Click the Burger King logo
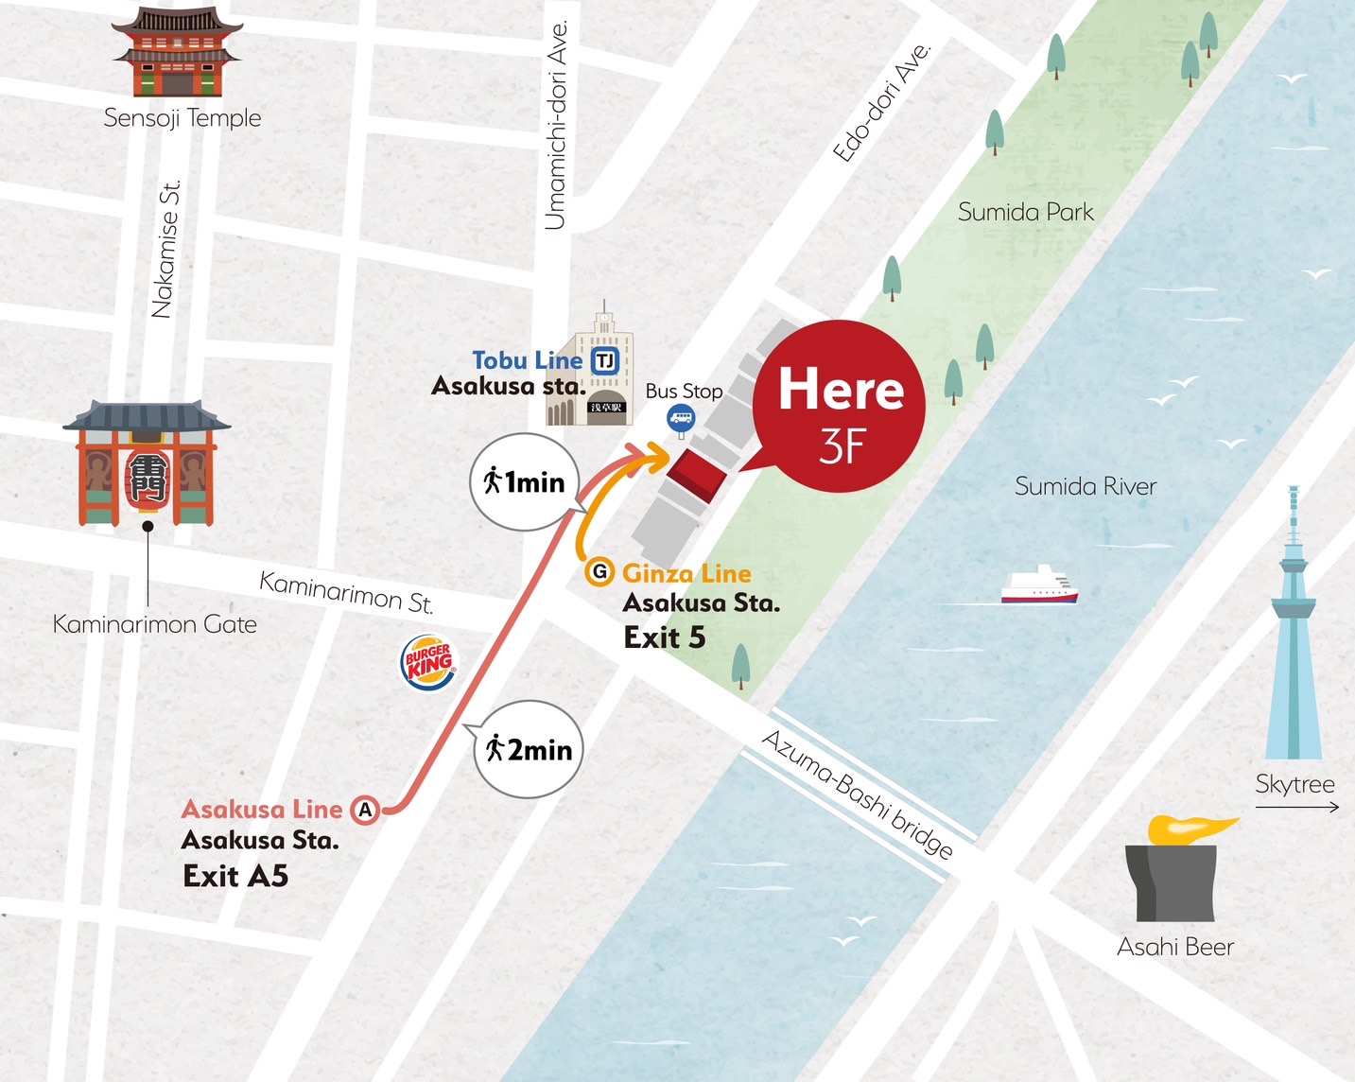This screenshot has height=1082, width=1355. [x=428, y=660]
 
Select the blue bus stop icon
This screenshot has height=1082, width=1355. [x=681, y=417]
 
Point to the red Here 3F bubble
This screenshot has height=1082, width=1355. [x=839, y=407]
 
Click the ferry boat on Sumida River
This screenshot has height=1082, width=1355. [x=1039, y=585]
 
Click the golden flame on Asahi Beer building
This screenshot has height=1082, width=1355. [x=1188, y=828]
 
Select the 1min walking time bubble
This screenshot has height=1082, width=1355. [x=524, y=481]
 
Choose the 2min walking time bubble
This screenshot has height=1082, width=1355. [x=529, y=749]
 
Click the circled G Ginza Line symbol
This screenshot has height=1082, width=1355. [x=599, y=572]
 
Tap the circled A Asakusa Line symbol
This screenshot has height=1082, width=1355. [x=365, y=810]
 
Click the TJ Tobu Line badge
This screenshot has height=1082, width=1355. [x=605, y=360]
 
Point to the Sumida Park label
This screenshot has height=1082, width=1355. [x=1025, y=212]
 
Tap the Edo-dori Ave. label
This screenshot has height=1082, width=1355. [x=881, y=103]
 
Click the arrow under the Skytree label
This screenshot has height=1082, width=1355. [x=1296, y=807]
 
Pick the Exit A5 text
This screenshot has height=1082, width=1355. [x=235, y=876]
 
